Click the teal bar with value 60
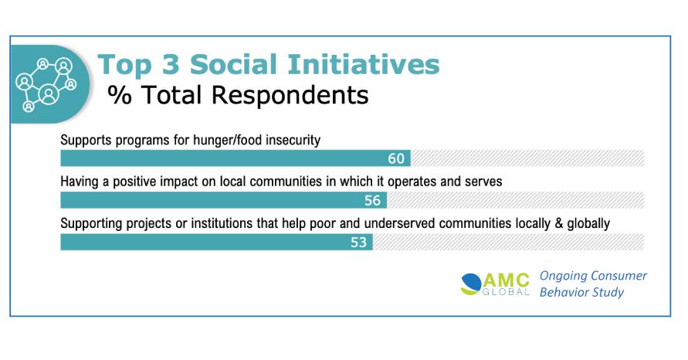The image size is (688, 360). click(x=236, y=158)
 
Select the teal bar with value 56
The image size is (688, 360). click(x=224, y=200)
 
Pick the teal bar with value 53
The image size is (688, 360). click(x=217, y=242)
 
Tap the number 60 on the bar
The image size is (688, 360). click(x=396, y=158)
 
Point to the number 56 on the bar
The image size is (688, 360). click(x=372, y=201)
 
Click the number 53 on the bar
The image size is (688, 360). click(x=358, y=243)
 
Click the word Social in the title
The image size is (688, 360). click(x=235, y=64)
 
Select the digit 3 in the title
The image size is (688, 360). click(x=171, y=64)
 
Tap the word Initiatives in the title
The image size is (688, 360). click(x=364, y=64)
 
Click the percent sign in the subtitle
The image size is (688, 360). click(x=120, y=95)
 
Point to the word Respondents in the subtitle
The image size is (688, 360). click(x=290, y=96)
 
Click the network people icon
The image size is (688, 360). click(x=46, y=84)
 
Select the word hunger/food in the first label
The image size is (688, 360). click(x=225, y=140)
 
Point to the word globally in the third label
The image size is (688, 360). click(x=588, y=223)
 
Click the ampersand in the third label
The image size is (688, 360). click(x=558, y=223)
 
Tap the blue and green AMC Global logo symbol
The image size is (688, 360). click(x=471, y=284)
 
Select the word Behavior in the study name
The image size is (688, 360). click(x=561, y=292)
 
